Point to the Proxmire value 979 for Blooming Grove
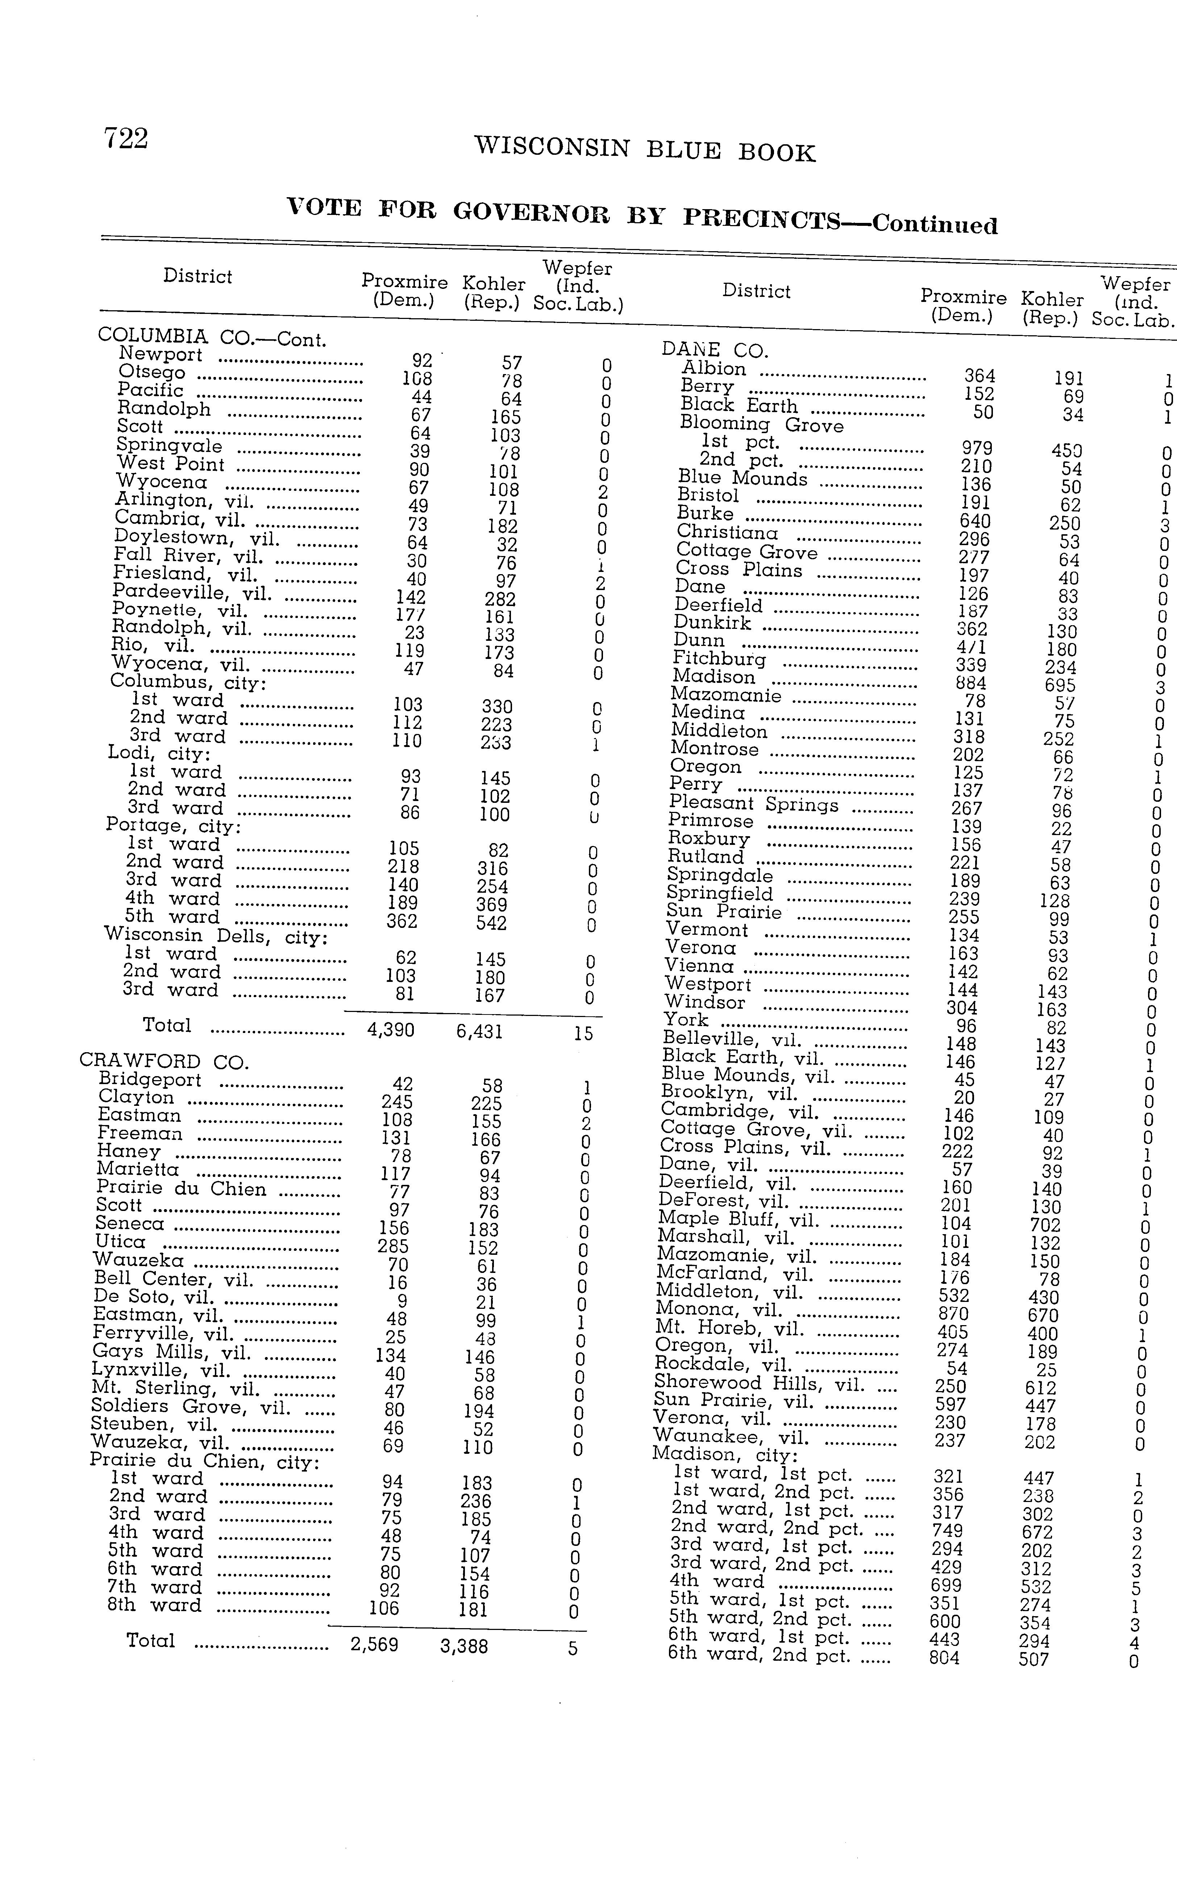[977, 448]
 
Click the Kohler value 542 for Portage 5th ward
[491, 924]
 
